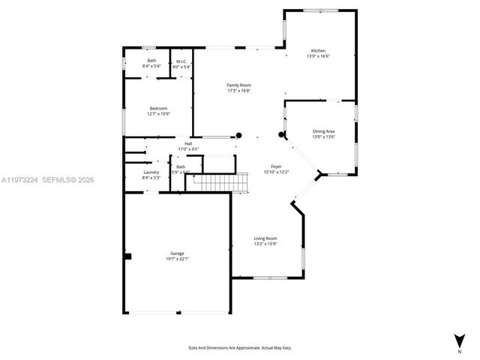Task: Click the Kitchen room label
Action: [x=318, y=51]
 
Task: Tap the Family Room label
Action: [x=238, y=85]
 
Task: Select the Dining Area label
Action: [x=323, y=131]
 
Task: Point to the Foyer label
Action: [x=276, y=166]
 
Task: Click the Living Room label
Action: [x=265, y=238]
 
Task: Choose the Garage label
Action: [x=177, y=253]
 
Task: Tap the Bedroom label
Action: [x=159, y=109]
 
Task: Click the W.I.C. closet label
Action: [x=181, y=61]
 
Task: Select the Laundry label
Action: [x=151, y=172]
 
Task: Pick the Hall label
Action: [x=188, y=143]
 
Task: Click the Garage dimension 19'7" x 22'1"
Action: [x=177, y=259]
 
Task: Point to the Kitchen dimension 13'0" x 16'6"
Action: [x=318, y=56]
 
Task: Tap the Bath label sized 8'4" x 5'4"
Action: [x=151, y=61]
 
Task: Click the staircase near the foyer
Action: [x=220, y=181]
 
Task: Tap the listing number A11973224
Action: [x=19, y=180]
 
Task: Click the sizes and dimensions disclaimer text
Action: [x=239, y=348]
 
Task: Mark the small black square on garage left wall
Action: [x=128, y=256]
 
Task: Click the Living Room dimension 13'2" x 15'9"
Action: [x=265, y=243]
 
